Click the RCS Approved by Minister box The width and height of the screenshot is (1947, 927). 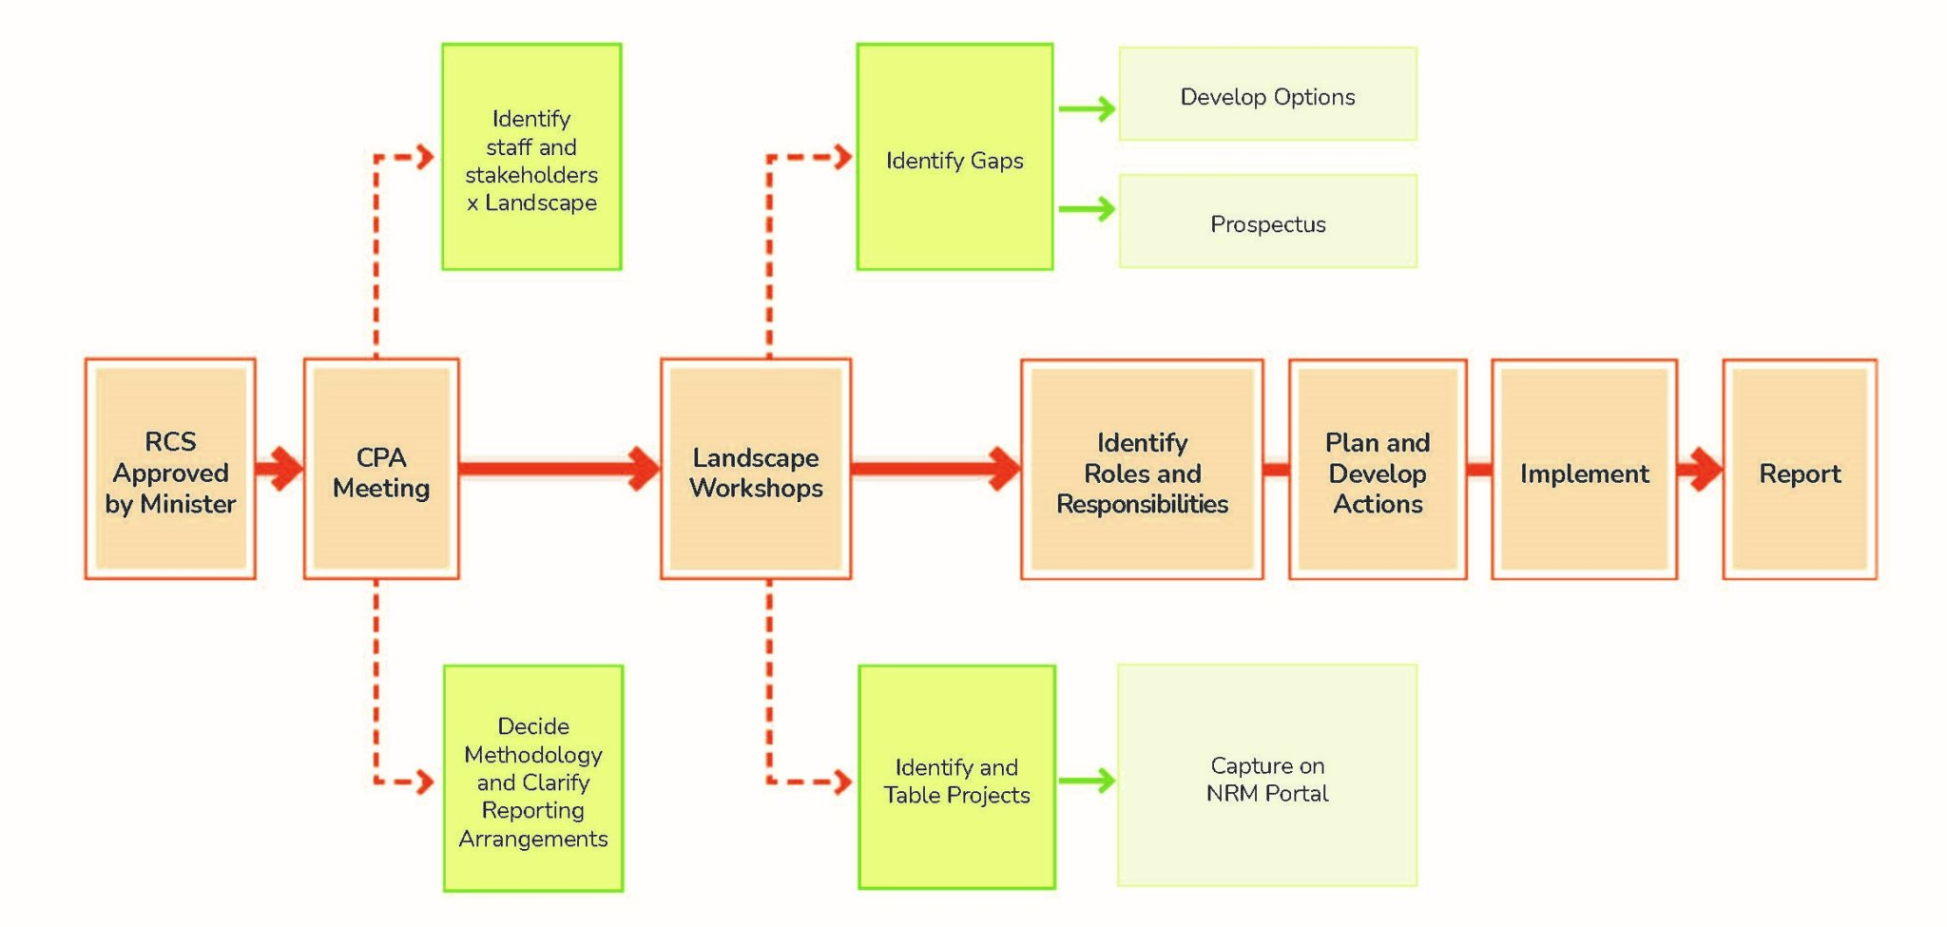click(x=170, y=469)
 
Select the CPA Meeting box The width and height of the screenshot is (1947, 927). click(x=381, y=469)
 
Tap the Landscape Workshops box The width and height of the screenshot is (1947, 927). click(x=756, y=469)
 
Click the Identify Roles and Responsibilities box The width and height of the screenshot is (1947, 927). click(x=1142, y=469)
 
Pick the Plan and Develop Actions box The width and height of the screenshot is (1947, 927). click(x=1378, y=469)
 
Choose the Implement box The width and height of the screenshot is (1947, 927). click(x=1584, y=469)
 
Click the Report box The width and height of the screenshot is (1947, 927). click(x=1800, y=469)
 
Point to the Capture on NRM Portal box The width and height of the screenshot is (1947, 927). click(x=1267, y=776)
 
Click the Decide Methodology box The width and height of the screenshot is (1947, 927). click(x=533, y=779)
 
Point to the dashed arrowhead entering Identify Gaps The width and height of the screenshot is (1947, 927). click(x=840, y=157)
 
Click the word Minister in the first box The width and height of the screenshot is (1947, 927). click(x=187, y=504)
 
